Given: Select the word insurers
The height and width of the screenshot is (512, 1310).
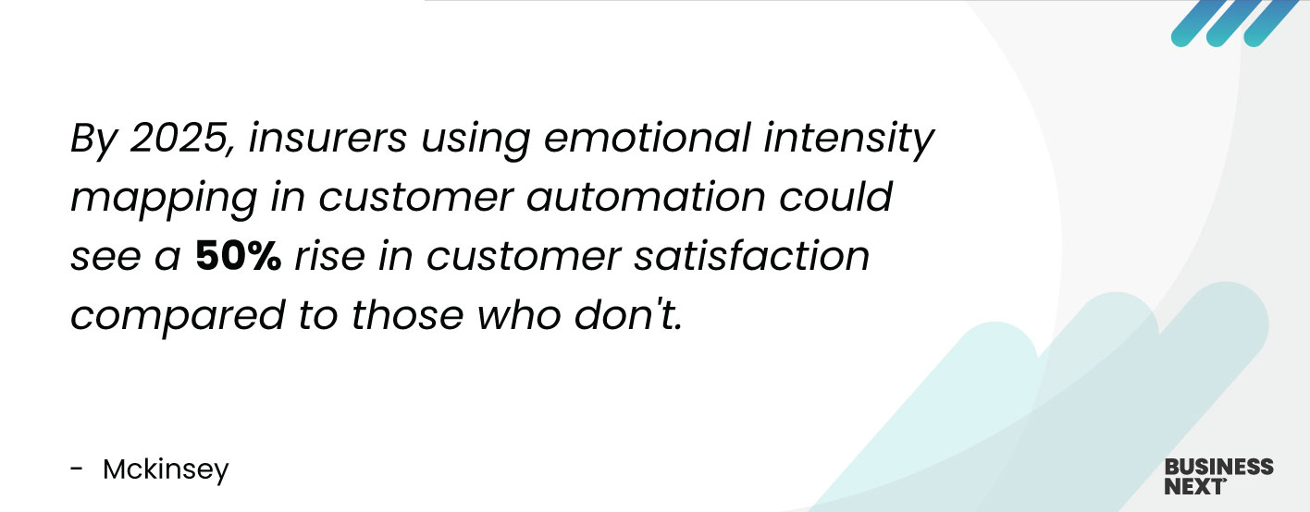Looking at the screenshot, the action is click(327, 138).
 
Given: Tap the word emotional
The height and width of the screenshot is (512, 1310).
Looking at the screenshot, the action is click(647, 138).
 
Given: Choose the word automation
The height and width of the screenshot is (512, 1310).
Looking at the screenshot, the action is click(646, 197).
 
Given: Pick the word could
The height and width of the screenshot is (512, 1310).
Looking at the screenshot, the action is click(835, 197).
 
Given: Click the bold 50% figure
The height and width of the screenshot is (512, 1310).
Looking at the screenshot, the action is click(238, 256).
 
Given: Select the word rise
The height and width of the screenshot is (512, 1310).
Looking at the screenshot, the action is click(330, 256).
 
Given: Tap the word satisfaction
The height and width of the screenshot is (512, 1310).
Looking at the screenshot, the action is click(752, 256).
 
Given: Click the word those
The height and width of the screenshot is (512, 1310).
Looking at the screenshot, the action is click(408, 315).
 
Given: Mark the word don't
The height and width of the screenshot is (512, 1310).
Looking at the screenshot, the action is click(628, 315).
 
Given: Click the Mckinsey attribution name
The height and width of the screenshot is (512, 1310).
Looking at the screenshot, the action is click(166, 469).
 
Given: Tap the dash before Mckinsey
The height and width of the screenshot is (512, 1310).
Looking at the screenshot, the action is click(77, 469).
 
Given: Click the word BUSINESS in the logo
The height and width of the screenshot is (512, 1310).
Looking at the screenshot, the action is click(1219, 467).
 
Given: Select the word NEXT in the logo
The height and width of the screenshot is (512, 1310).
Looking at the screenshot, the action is click(1194, 486).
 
